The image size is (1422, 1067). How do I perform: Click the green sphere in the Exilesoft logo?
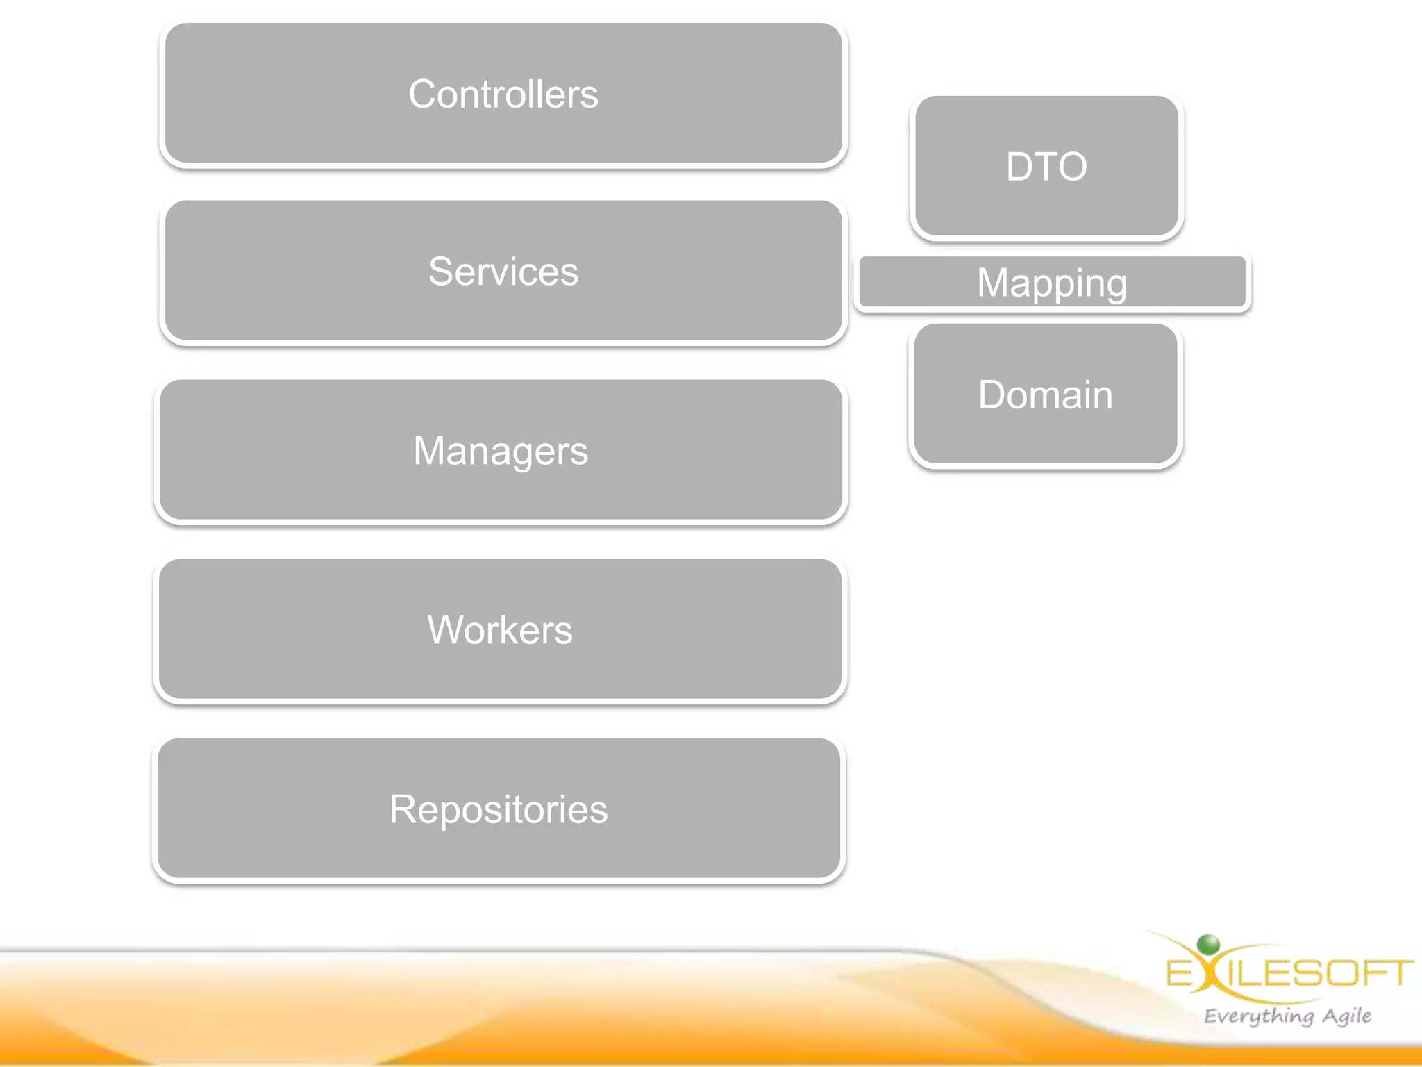click(x=1209, y=945)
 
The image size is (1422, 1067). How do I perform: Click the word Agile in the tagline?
click(x=1346, y=1016)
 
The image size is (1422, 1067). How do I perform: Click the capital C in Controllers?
click(x=423, y=94)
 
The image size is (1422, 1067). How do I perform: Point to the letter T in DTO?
click(x=1046, y=167)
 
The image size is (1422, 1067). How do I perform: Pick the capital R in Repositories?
click(x=403, y=809)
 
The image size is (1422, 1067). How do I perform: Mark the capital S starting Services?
click(x=440, y=271)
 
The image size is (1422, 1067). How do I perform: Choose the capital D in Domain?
click(x=993, y=395)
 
